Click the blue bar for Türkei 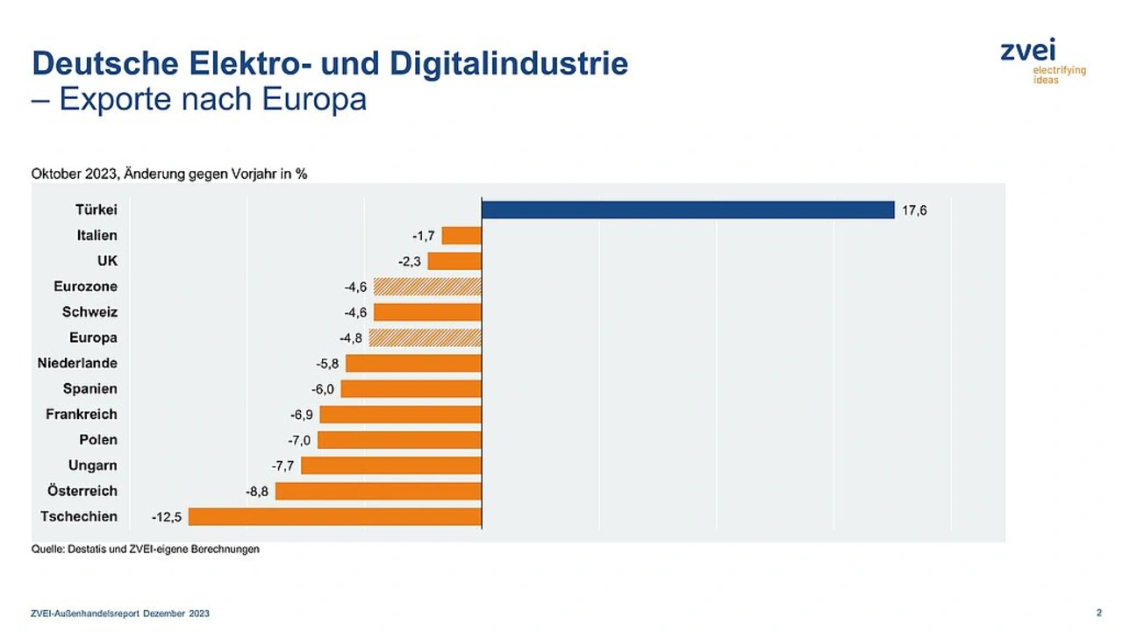[688, 210]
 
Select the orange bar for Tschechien [335, 517]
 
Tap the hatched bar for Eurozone [427, 287]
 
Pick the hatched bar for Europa [426, 337]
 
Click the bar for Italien [461, 236]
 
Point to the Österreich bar [378, 491]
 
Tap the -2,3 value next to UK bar [410, 261]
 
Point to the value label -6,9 [302, 415]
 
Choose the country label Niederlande [77, 363]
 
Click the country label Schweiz [89, 312]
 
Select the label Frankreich [82, 414]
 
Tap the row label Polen [97, 440]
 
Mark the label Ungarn [93, 465]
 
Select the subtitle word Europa [314, 99]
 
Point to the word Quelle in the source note [47, 550]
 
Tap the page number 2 [1099, 613]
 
